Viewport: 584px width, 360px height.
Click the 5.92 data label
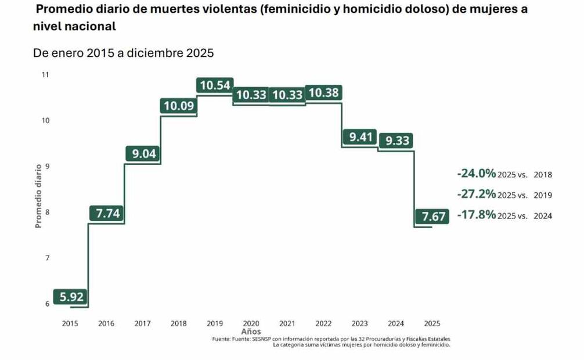point(72,297)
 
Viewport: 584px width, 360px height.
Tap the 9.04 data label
point(143,154)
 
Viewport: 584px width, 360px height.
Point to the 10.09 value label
point(179,106)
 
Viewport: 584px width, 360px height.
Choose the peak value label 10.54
point(215,85)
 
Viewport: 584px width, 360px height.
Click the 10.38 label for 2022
point(324,92)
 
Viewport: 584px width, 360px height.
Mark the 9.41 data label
point(359,137)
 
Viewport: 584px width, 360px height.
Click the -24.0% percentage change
point(477,174)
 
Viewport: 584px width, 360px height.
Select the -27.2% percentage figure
point(477,195)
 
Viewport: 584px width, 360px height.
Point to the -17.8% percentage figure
point(477,215)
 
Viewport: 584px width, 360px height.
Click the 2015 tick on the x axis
point(70,324)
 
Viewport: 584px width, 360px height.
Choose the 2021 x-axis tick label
point(287,324)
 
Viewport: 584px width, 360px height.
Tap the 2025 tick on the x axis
point(432,324)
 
